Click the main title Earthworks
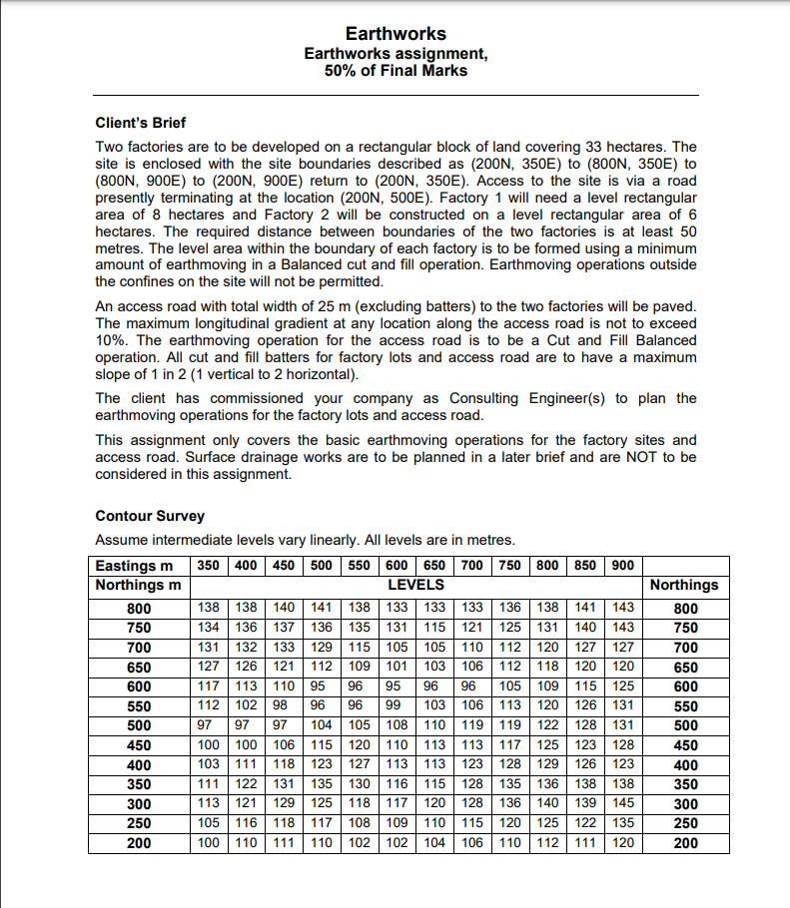pyautogui.click(x=395, y=34)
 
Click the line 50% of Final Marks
pyautogui.click(x=395, y=70)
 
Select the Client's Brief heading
pyautogui.click(x=140, y=123)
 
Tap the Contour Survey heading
pyautogui.click(x=150, y=516)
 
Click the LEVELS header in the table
pyautogui.click(x=415, y=584)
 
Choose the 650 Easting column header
pyautogui.click(x=434, y=566)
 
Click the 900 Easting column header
pyautogui.click(x=622, y=566)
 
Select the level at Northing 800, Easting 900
pyautogui.click(x=622, y=608)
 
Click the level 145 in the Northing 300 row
pyautogui.click(x=622, y=804)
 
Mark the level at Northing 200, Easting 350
pyautogui.click(x=208, y=843)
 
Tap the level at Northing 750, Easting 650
pyautogui.click(x=434, y=628)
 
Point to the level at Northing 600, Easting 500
pyautogui.click(x=321, y=686)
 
